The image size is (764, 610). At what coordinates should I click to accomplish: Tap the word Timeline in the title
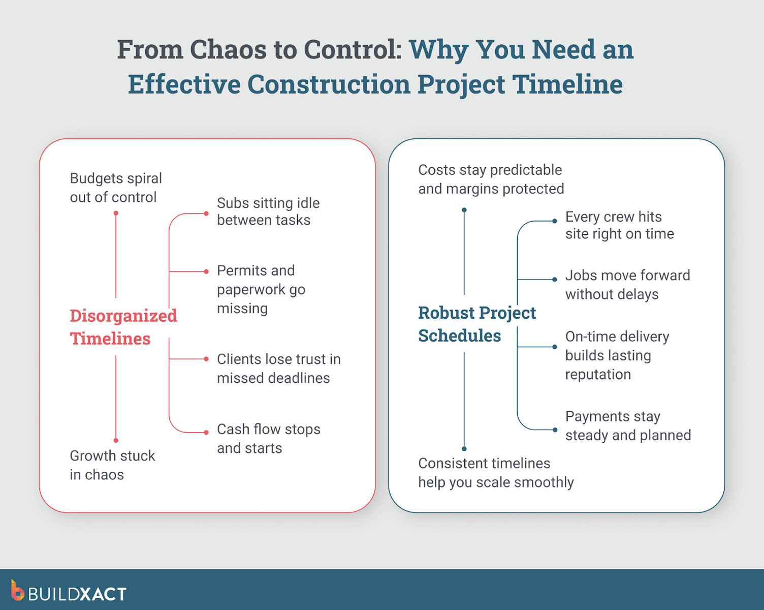pos(567,84)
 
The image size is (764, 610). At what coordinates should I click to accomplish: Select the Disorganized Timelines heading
pos(123,327)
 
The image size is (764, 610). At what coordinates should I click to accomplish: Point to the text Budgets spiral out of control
pos(116,188)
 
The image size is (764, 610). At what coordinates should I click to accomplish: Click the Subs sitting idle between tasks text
pos(268,211)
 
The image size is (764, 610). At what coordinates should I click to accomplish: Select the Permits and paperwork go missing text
pos(261,289)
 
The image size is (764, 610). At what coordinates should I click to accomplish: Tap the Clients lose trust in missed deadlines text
pos(278,369)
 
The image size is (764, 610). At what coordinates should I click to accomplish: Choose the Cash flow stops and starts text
pos(268,438)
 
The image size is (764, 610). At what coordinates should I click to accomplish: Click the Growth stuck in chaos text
pos(112,465)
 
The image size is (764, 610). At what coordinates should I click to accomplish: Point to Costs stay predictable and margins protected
pos(491,179)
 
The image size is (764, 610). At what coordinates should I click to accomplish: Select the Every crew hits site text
pos(619,225)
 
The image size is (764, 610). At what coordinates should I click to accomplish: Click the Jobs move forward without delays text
pos(627,285)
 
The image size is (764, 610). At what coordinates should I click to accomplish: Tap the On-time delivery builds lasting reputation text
pos(617,355)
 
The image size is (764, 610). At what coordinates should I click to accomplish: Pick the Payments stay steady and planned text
pos(628,425)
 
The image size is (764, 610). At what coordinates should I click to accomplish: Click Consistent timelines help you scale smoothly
pos(495,472)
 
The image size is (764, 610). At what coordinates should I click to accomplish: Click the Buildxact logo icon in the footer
pos(17,591)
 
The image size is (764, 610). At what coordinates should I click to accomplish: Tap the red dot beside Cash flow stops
pos(206,433)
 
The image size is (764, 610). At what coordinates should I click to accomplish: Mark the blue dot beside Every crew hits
pos(555,221)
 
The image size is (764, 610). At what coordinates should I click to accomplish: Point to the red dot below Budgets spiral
pos(116,213)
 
